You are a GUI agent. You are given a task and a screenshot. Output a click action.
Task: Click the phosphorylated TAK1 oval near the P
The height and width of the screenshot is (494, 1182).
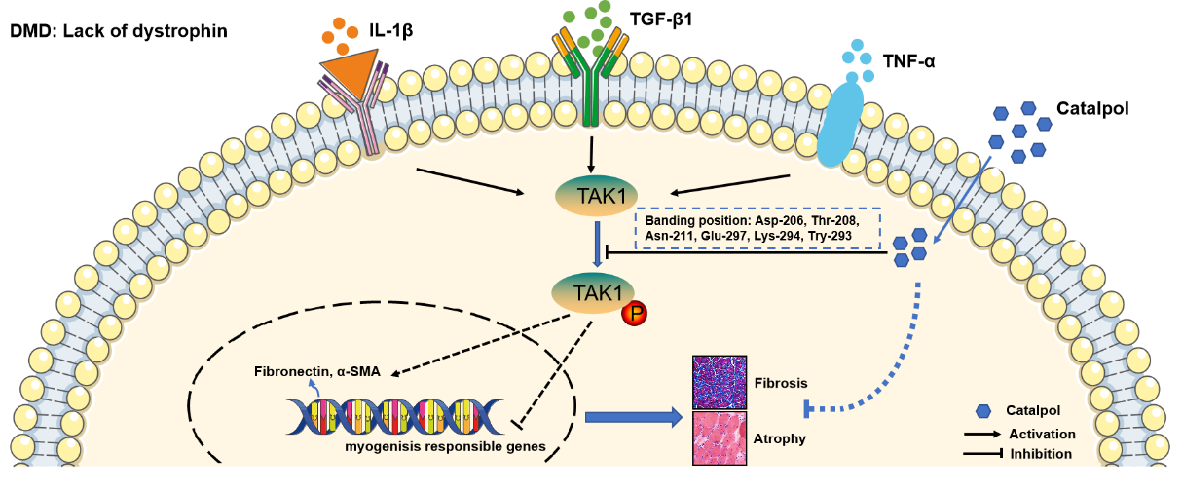pyautogui.click(x=593, y=291)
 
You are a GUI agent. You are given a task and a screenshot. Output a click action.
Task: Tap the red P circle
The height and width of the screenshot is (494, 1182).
pyautogui.click(x=635, y=313)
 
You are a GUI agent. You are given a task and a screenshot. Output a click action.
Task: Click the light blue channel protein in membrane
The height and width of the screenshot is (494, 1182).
pyautogui.click(x=839, y=123)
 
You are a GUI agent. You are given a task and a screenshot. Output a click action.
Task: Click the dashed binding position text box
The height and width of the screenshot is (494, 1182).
pyautogui.click(x=757, y=228)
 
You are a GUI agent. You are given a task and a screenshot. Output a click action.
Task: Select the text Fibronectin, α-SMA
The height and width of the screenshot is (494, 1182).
pyautogui.click(x=317, y=371)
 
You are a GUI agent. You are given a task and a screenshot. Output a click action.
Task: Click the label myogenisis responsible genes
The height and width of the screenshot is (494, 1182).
pyautogui.click(x=445, y=447)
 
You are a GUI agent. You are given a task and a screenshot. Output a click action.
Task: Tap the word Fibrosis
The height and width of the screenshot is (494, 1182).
pyautogui.click(x=781, y=382)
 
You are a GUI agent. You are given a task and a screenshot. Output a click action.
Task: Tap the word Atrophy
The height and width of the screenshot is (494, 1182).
pyautogui.click(x=779, y=438)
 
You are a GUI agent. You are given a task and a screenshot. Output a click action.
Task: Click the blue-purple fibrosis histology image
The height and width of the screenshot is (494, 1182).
pyautogui.click(x=720, y=382)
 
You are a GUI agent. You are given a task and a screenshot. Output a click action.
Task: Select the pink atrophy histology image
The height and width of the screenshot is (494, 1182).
pyautogui.click(x=720, y=437)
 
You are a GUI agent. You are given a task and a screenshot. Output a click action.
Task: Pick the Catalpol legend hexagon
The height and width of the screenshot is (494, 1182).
pyautogui.click(x=983, y=412)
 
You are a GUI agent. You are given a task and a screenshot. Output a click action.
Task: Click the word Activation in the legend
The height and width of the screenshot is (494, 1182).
pyautogui.click(x=1042, y=434)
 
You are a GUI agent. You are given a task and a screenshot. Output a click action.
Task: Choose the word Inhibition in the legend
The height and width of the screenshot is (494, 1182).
pyautogui.click(x=1041, y=453)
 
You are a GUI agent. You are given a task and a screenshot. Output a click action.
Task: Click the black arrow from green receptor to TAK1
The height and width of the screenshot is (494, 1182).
pyautogui.click(x=591, y=153)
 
